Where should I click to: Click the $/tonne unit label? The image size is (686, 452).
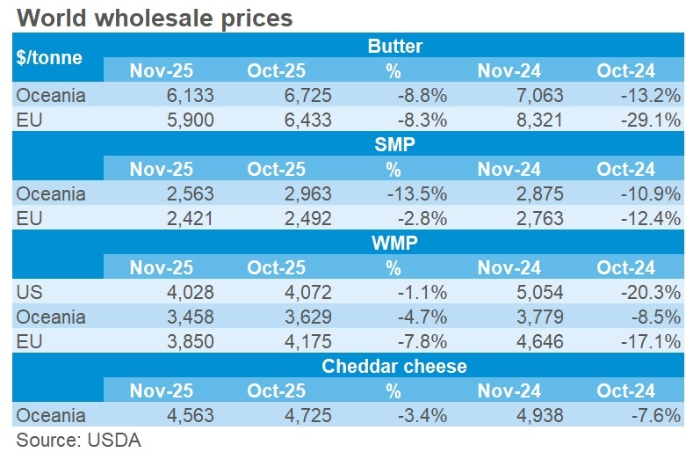click(49, 58)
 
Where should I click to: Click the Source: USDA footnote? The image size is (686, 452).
click(78, 439)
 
